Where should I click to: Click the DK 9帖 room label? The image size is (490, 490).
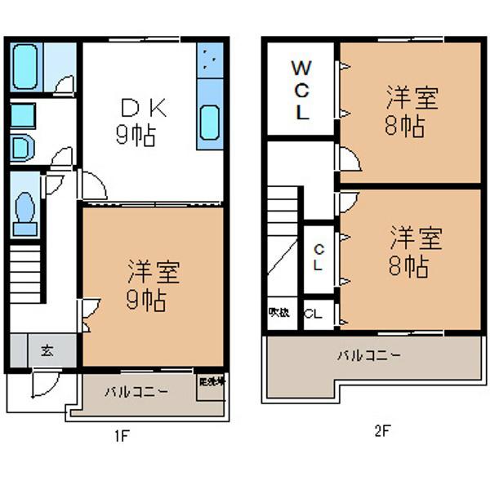[x=143, y=121]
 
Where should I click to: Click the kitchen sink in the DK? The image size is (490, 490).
[x=211, y=123]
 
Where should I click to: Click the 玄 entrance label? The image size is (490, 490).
[x=47, y=350]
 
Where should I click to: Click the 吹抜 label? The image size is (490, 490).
[x=278, y=313]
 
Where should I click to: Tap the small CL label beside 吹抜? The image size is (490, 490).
[x=313, y=314]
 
